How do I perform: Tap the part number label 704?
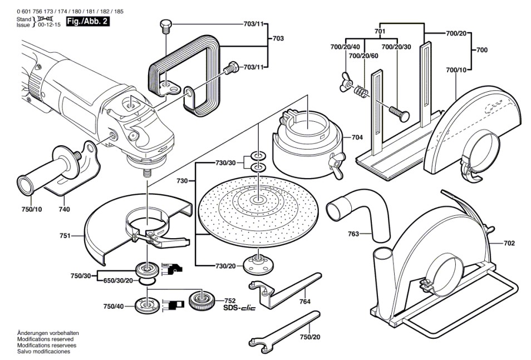coord(357,136)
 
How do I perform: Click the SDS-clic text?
coord(239,308)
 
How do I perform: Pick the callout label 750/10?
coord(31,209)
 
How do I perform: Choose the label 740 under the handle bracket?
coord(64,209)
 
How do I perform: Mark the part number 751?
coord(65,236)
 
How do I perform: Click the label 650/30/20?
coord(117,280)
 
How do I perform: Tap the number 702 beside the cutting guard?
coord(509,243)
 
